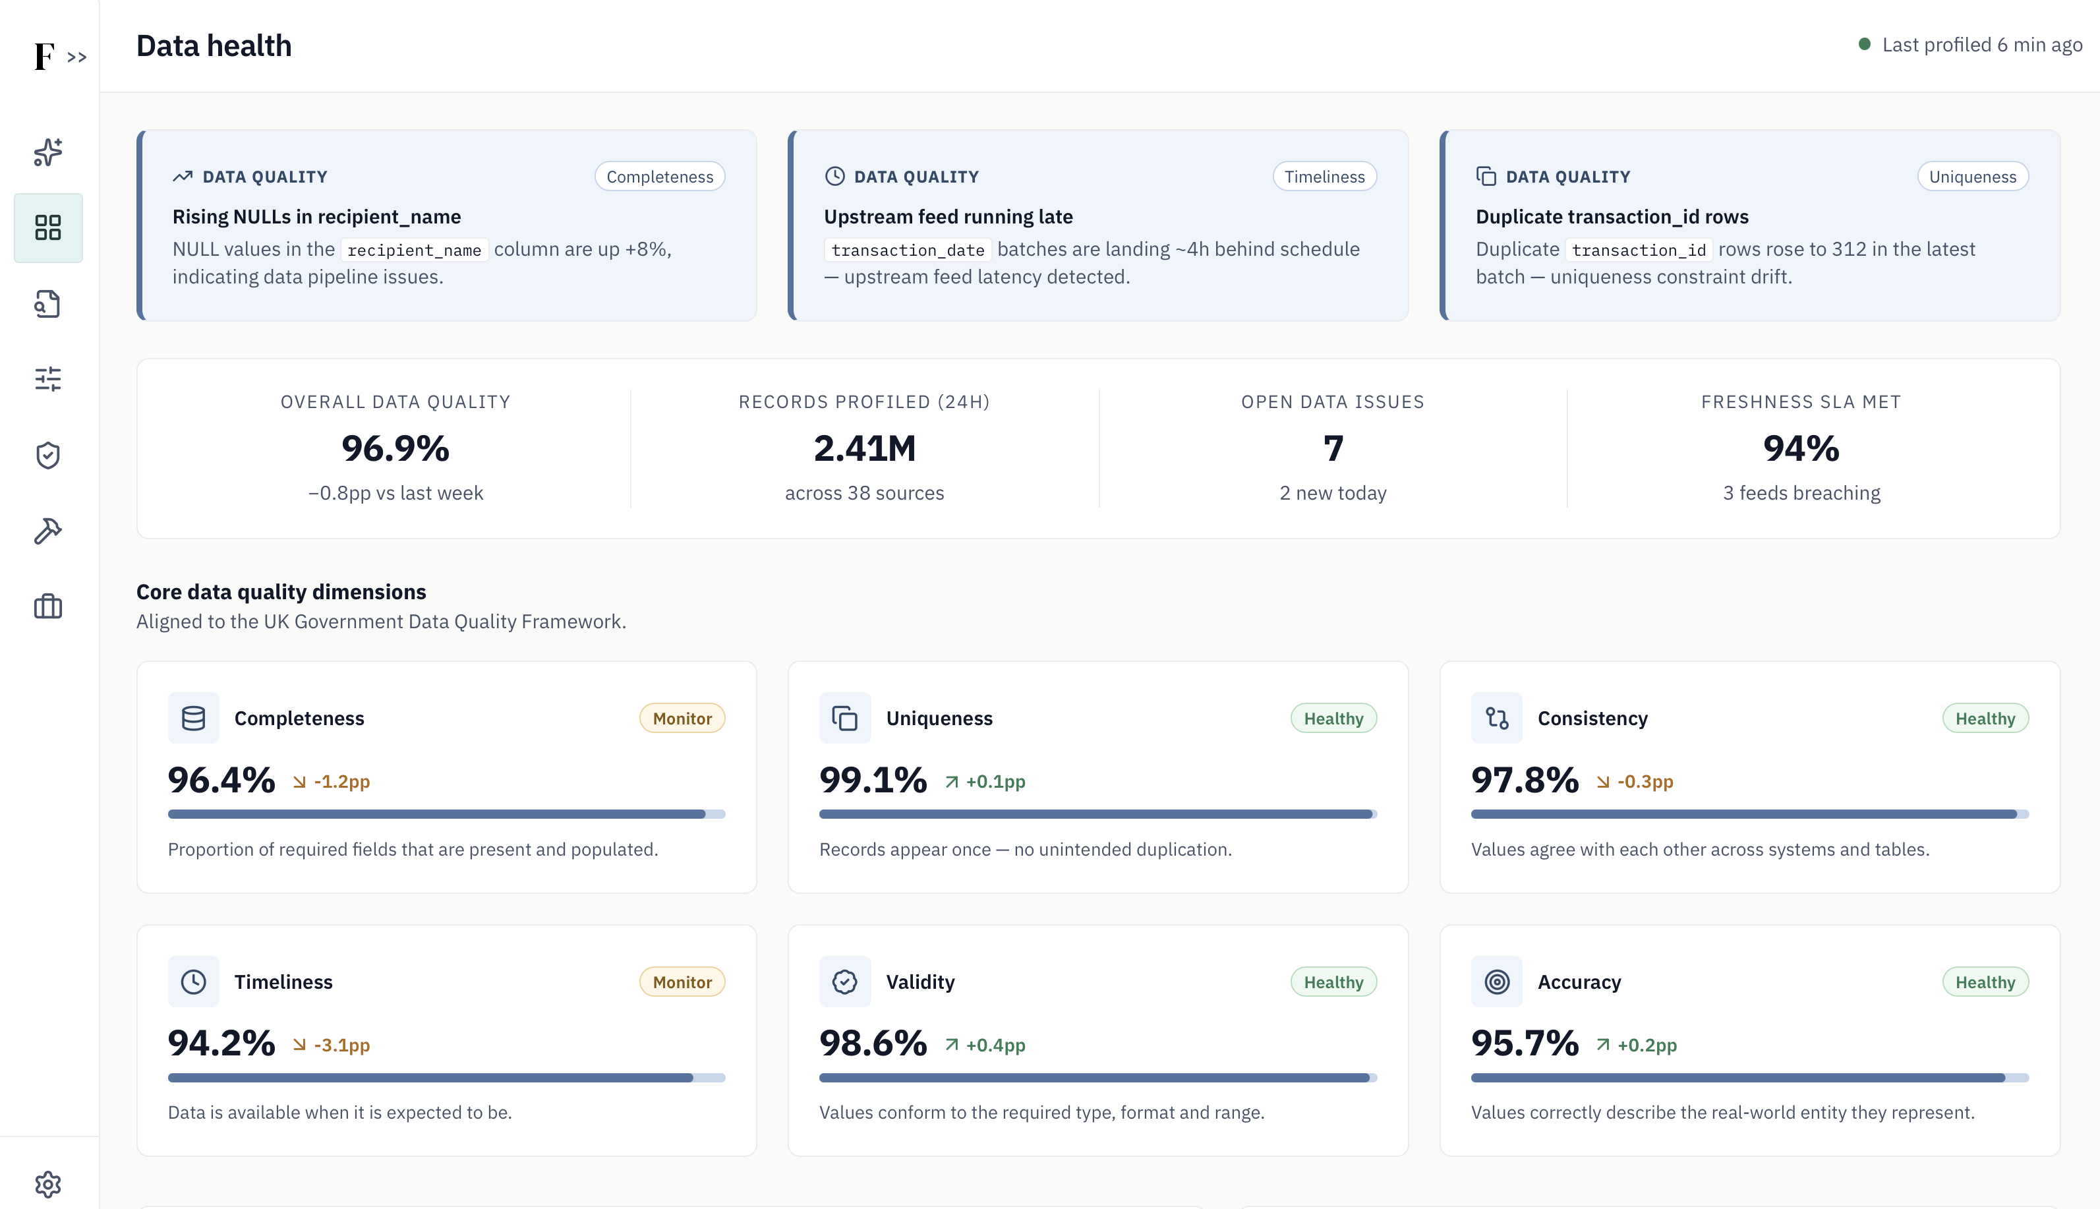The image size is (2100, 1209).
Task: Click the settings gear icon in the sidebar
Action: pos(48,1184)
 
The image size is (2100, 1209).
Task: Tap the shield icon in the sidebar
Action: pos(48,455)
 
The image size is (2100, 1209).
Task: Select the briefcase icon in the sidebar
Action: pos(48,606)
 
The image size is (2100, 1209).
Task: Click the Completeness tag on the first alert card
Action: pos(660,176)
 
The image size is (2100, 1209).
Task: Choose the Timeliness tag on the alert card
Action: pos(1325,176)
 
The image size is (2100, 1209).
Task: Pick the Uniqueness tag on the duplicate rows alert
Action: pos(1973,176)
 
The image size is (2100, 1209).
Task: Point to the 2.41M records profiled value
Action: pos(865,448)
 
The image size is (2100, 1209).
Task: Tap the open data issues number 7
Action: pos(1333,448)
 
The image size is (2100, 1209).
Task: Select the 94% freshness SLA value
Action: pos(1801,448)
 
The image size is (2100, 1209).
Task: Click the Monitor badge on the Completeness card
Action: pos(682,719)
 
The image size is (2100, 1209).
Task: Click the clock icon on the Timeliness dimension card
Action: pos(193,982)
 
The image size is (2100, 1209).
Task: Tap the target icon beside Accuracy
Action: pos(1496,982)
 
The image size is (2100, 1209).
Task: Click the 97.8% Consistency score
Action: pos(1525,780)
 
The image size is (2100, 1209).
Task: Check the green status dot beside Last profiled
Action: pos(1864,44)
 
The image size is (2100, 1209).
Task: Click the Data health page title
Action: pos(214,45)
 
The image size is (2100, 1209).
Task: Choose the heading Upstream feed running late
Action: pos(948,217)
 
